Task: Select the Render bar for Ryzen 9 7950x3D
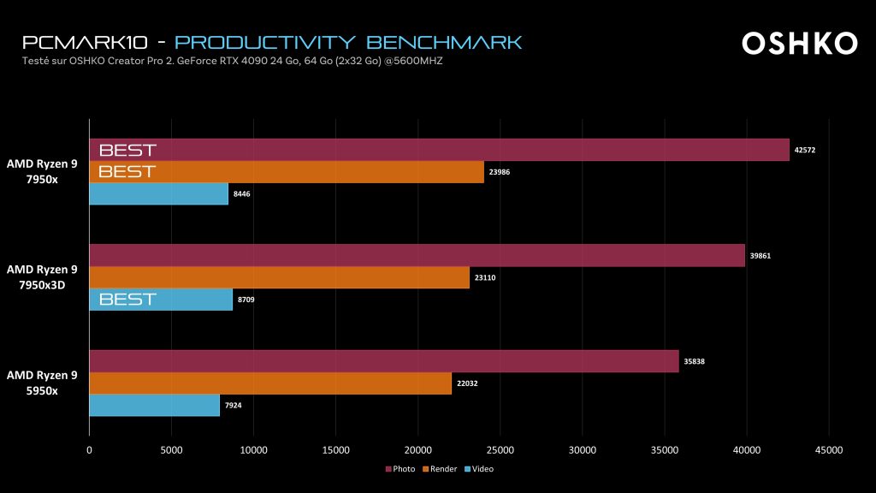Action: tap(279, 277)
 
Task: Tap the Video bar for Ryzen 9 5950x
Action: tap(154, 405)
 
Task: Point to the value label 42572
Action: tap(805, 150)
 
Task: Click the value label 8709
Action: tap(245, 300)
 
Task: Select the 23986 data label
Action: tap(500, 172)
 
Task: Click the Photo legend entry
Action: tap(400, 469)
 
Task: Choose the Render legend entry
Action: tap(440, 469)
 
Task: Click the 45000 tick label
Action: tap(829, 449)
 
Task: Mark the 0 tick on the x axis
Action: tap(89, 449)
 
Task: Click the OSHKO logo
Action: tap(799, 43)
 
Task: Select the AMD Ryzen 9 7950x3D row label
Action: tap(42, 277)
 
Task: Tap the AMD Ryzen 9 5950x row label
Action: tap(42, 383)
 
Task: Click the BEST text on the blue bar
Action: tap(127, 300)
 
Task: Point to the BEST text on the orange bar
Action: tap(127, 172)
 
